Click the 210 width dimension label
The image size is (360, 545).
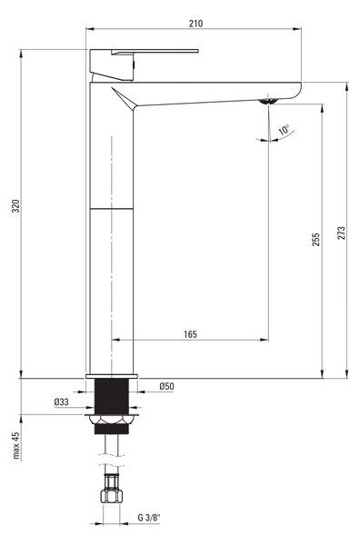195,24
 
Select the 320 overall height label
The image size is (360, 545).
16,206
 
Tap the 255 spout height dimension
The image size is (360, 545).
315,240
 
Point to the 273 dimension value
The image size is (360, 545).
342,233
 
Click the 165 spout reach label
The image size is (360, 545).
190,334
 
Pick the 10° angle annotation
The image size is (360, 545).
284,130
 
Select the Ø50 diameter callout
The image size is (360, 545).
167,386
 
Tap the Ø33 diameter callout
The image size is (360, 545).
62,402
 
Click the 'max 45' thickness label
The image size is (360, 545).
16,446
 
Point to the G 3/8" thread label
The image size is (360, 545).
149,518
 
